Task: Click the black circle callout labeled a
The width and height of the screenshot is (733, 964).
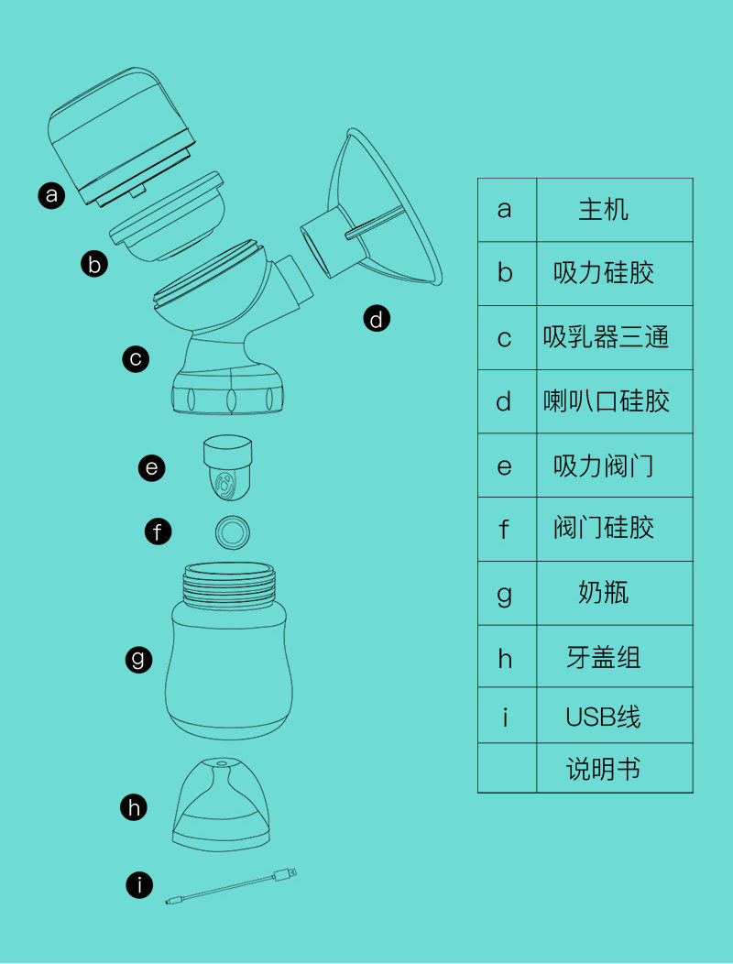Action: click(x=51, y=195)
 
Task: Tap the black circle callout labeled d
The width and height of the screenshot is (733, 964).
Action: click(x=377, y=319)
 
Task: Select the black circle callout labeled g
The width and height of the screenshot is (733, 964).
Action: click(x=138, y=659)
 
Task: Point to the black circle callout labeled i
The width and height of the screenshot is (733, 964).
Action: click(x=139, y=885)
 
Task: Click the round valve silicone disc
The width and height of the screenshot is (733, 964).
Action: click(x=233, y=531)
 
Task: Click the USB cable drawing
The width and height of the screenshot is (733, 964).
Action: click(x=231, y=886)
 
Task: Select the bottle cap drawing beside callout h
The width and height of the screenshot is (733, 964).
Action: click(x=221, y=805)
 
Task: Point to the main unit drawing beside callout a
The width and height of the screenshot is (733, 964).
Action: click(x=122, y=137)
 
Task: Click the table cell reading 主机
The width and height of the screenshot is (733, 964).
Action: click(x=614, y=210)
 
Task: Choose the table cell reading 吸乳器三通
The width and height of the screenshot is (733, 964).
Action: click(x=614, y=337)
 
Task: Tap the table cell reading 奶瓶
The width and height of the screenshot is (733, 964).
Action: click(x=614, y=593)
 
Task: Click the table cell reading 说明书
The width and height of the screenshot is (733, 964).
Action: click(x=614, y=769)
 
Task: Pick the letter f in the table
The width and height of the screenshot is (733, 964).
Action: click(x=504, y=528)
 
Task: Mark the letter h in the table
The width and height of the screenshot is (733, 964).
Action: click(x=504, y=657)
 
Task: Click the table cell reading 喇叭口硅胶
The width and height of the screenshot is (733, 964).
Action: click(x=614, y=401)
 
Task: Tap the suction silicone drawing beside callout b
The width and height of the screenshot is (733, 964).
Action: click(x=167, y=216)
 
